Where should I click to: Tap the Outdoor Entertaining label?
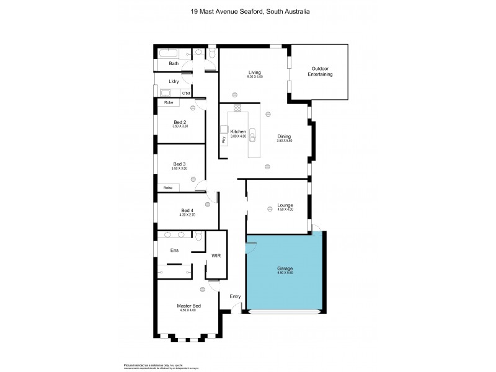(320, 71)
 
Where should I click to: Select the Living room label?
(255, 73)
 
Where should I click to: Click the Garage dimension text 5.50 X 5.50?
(285, 273)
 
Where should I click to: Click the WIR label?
(216, 255)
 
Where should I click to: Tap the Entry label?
(235, 296)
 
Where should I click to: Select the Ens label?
(174, 250)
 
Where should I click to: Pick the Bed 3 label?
(179, 164)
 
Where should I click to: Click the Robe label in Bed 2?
(168, 102)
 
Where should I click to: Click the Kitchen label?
(238, 132)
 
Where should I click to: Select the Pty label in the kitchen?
(224, 140)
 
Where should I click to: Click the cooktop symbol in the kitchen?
(237, 110)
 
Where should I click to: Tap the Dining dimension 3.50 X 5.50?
(284, 141)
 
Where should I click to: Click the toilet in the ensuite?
(198, 236)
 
